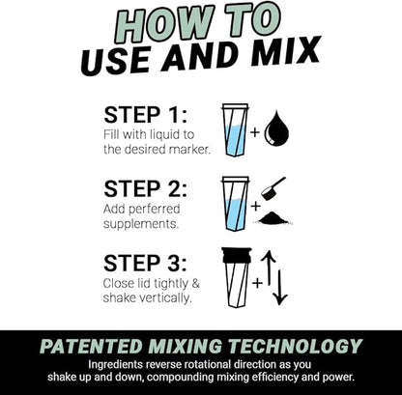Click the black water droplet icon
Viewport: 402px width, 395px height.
point(276,128)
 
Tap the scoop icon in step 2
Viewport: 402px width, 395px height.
point(275,187)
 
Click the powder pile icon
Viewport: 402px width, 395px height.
point(275,217)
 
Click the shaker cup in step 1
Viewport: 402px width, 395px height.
point(235,128)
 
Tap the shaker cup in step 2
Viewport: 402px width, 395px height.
point(235,203)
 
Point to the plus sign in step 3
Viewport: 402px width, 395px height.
point(257,283)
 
